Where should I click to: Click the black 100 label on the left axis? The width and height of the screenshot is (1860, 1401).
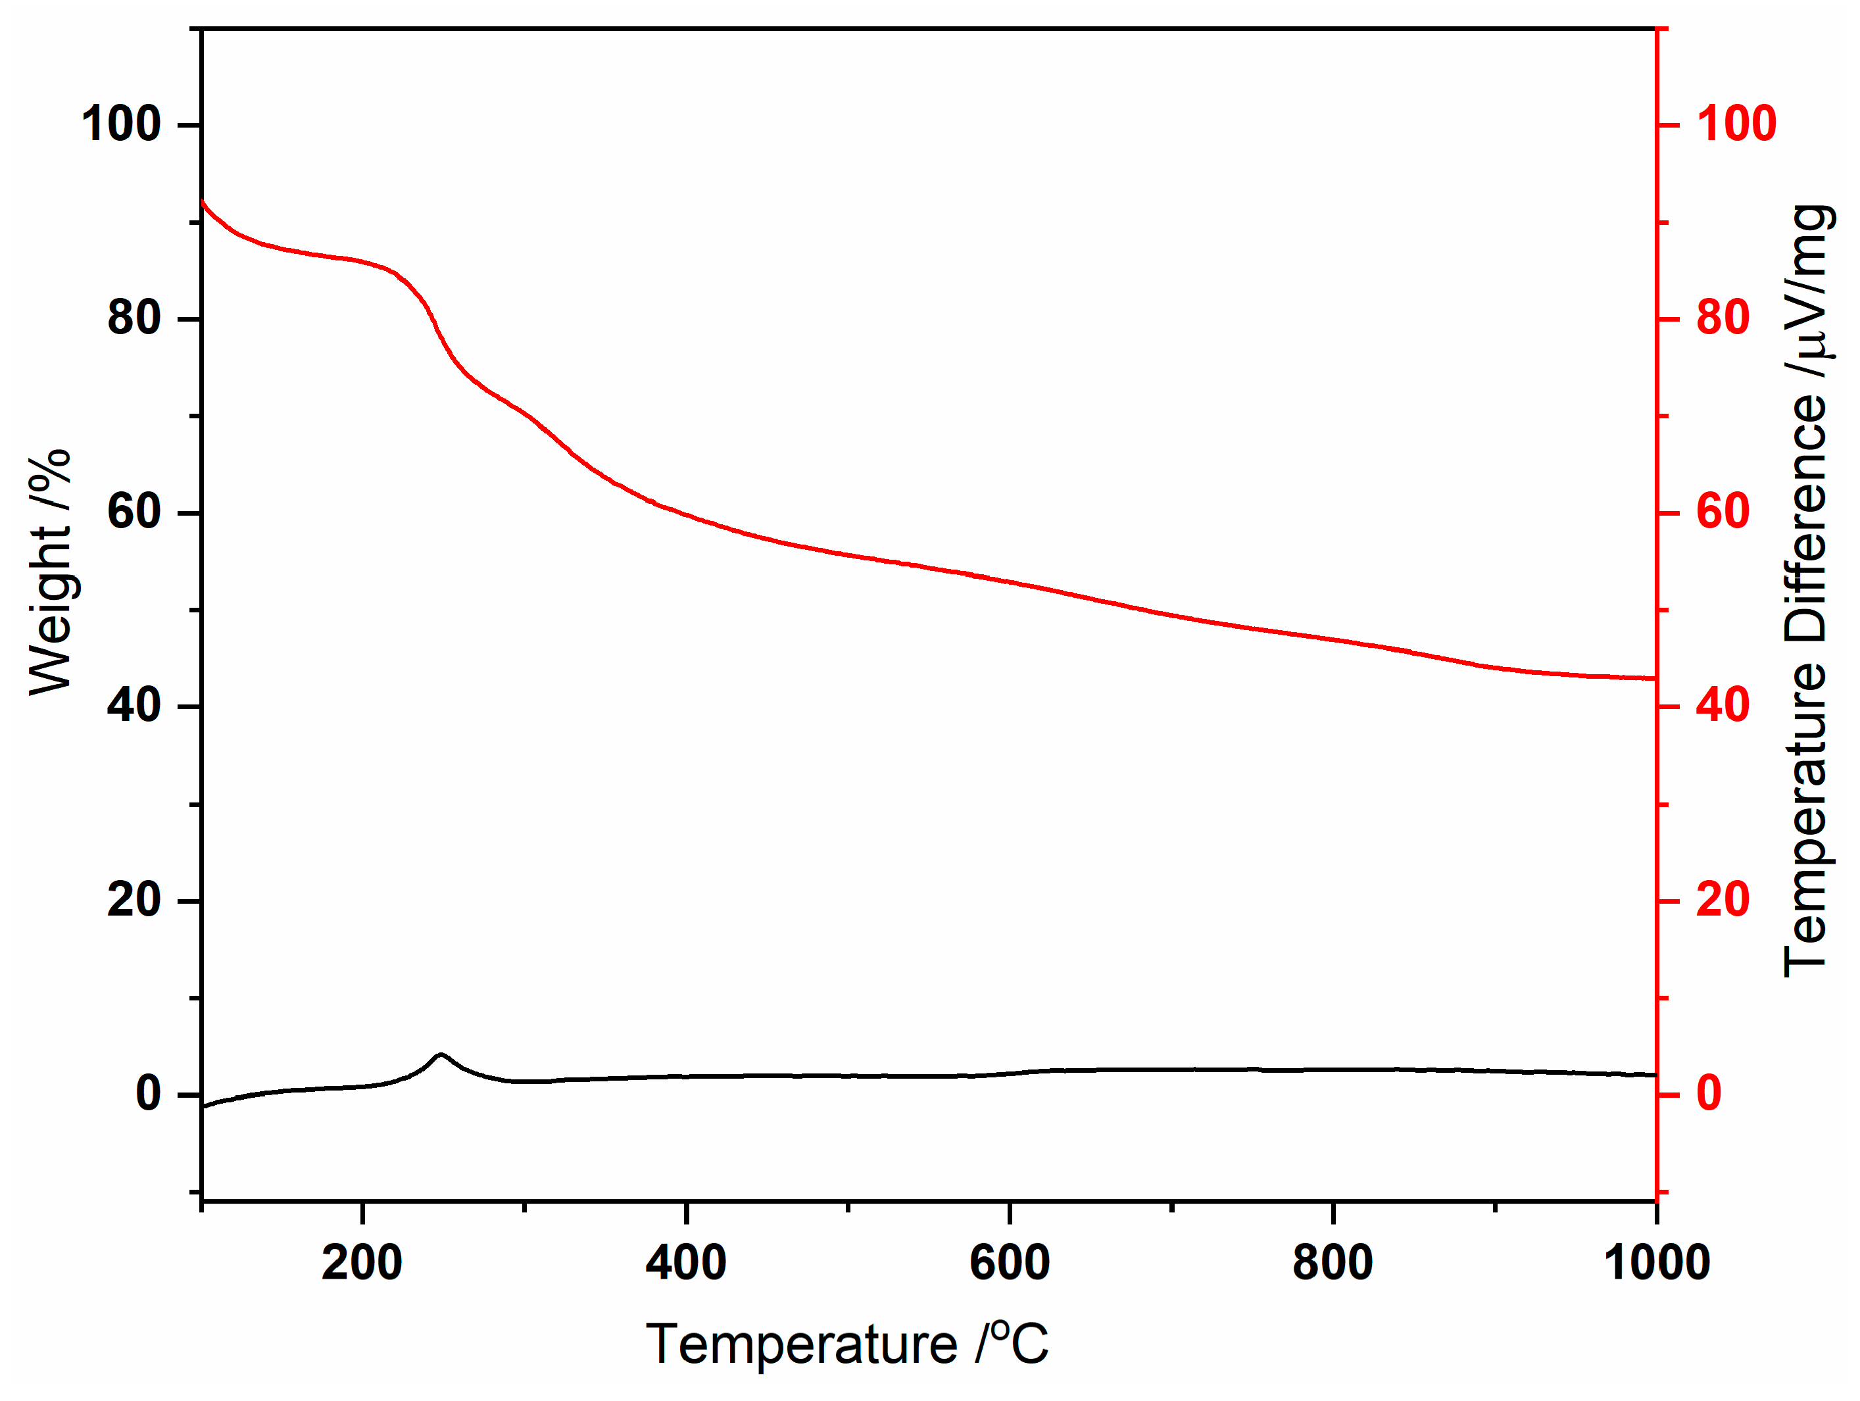tap(121, 124)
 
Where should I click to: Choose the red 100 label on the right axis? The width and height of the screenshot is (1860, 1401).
tap(1736, 124)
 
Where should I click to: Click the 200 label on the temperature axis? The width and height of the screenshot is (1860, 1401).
tap(362, 1263)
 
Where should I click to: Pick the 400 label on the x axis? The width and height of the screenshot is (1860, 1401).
tap(686, 1263)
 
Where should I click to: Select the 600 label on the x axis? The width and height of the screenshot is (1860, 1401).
tap(1010, 1263)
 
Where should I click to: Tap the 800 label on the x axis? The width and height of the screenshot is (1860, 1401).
tap(1333, 1263)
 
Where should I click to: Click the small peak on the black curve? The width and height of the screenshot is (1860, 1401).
tap(441, 1054)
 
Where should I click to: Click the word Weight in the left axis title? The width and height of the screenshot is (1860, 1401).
tap(51, 611)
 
